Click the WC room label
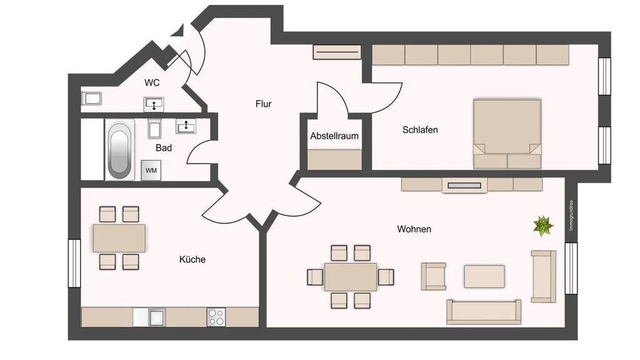tap(152, 83)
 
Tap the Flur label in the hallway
tap(263, 104)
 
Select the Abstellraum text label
tap(334, 136)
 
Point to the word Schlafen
tap(420, 130)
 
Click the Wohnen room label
tap(414, 229)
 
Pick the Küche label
tap(192, 259)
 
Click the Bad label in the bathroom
tap(164, 147)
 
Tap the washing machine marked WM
tap(151, 170)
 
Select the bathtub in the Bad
tap(119, 150)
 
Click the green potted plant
tap(543, 226)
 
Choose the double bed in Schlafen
tap(507, 134)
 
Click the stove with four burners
tap(216, 317)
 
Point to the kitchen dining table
tap(119, 238)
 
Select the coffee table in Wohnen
tap(484, 276)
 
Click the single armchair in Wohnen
tap(433, 276)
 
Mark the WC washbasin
tap(154, 104)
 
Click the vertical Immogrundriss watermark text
tap(571, 216)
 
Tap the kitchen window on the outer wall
tap(74, 263)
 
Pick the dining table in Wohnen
tap(351, 277)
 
